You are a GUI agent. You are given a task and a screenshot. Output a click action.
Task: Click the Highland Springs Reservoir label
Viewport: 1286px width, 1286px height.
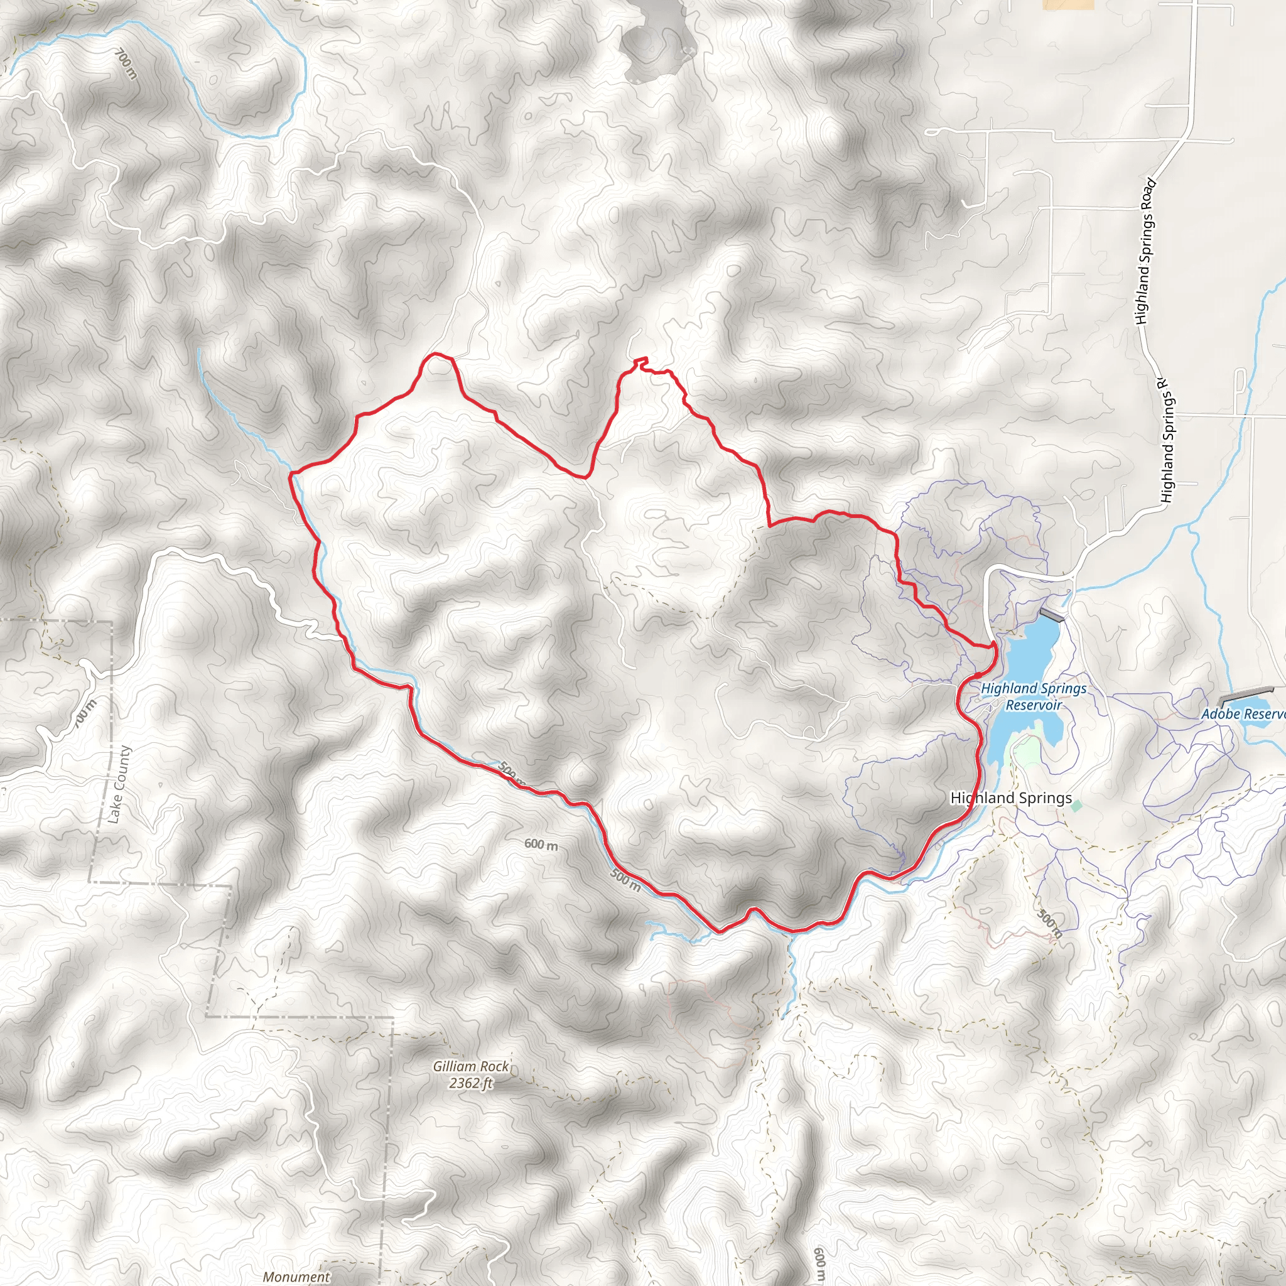coord(1033,696)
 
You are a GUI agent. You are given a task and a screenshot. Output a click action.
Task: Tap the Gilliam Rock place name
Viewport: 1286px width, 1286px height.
coord(470,1066)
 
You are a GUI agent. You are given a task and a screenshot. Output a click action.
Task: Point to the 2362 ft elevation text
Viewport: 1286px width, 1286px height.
coord(470,1083)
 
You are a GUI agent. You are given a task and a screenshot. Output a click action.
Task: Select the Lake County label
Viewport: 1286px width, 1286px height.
coord(120,784)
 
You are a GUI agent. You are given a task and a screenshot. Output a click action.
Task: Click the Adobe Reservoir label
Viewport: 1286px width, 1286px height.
coord(1242,714)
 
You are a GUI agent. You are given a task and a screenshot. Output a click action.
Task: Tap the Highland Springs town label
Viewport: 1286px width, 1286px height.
coord(1010,797)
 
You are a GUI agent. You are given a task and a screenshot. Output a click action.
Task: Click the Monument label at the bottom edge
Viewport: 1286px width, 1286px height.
coord(296,1276)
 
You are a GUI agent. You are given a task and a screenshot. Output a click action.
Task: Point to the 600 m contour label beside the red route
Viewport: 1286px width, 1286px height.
coord(541,845)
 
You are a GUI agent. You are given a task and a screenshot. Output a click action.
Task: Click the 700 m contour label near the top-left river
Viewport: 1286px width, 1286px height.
coord(126,65)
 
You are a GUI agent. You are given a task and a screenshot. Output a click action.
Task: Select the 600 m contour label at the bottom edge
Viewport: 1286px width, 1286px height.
coord(819,1265)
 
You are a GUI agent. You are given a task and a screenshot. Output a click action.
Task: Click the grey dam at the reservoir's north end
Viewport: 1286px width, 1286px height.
coord(1051,614)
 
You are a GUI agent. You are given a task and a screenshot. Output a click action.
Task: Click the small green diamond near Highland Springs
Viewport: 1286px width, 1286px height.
coord(1076,806)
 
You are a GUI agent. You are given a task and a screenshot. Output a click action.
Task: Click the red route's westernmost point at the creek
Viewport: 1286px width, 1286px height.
coord(290,474)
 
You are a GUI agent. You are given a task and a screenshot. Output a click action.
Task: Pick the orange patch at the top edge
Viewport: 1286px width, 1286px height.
coord(1067,4)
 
